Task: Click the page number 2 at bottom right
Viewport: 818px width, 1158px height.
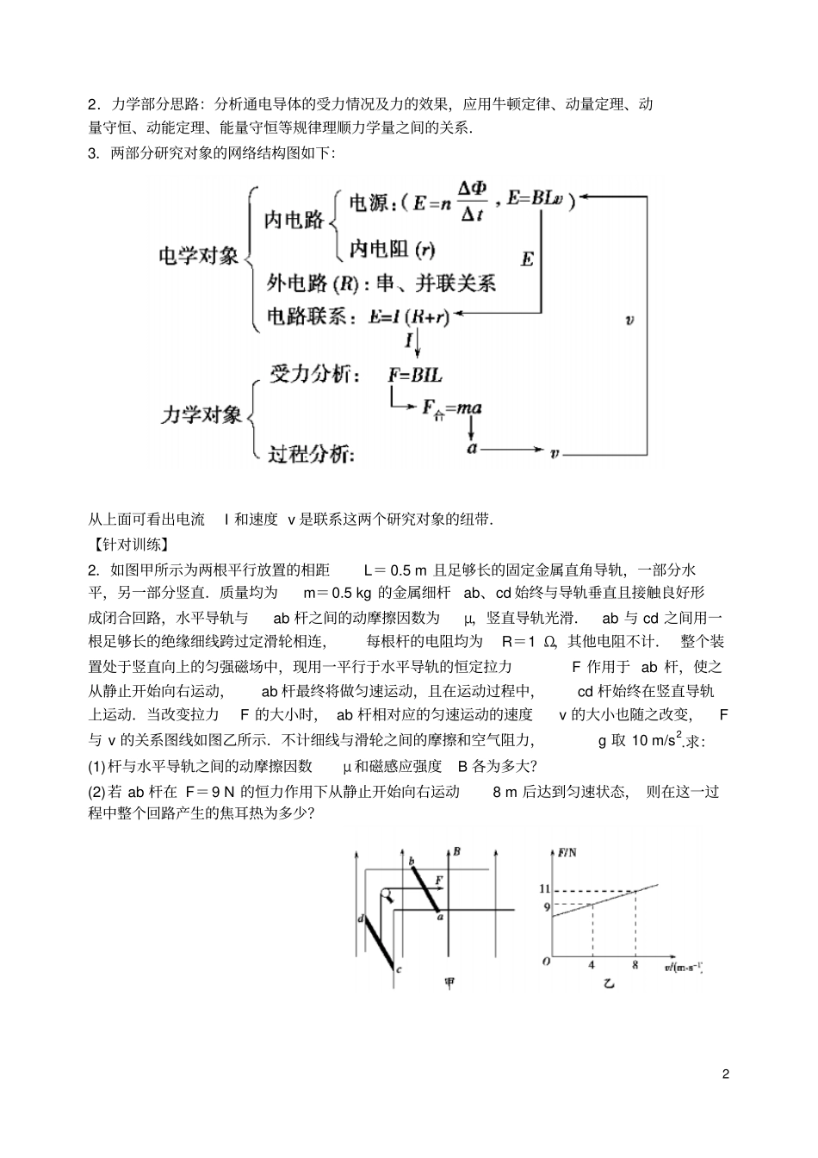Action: click(x=726, y=1074)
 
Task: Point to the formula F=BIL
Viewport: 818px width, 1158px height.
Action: click(x=415, y=375)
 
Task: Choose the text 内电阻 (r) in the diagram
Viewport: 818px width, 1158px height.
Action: click(x=392, y=250)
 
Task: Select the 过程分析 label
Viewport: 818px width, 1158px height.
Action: click(x=309, y=454)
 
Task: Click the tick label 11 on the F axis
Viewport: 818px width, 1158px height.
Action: click(x=544, y=888)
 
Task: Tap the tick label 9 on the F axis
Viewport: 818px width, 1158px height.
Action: click(x=545, y=906)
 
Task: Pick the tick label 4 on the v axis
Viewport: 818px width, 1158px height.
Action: click(x=592, y=965)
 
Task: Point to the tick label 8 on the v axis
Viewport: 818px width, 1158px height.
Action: click(x=635, y=965)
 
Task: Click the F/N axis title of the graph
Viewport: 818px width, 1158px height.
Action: click(x=567, y=853)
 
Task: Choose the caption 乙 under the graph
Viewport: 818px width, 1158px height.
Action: click(x=609, y=984)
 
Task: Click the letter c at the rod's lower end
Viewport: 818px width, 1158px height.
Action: click(x=399, y=970)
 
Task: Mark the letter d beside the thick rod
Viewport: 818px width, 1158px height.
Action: click(x=360, y=919)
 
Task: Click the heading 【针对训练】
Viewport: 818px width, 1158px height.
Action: click(x=129, y=545)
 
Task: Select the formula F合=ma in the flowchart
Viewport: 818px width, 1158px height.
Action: click(x=451, y=408)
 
